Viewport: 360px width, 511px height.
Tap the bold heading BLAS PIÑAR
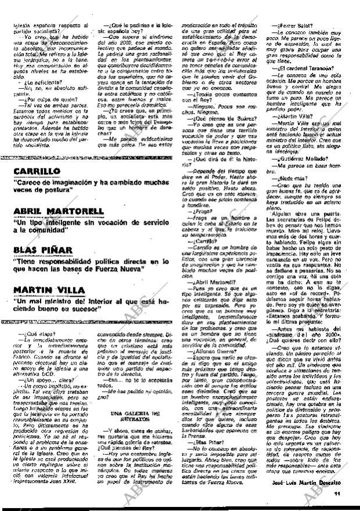tap(43, 250)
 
